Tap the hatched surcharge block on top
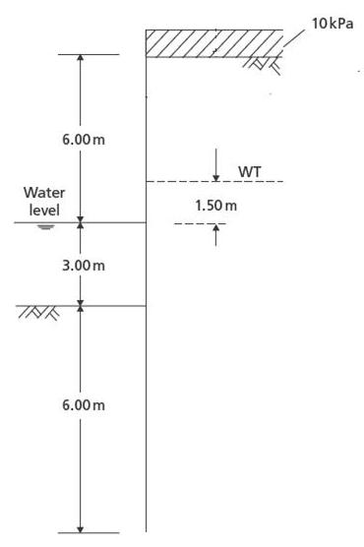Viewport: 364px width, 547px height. click(x=212, y=43)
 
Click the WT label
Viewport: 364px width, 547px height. click(x=249, y=172)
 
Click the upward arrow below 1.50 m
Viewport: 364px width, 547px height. click(x=214, y=234)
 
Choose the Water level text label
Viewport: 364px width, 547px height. click(x=44, y=201)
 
